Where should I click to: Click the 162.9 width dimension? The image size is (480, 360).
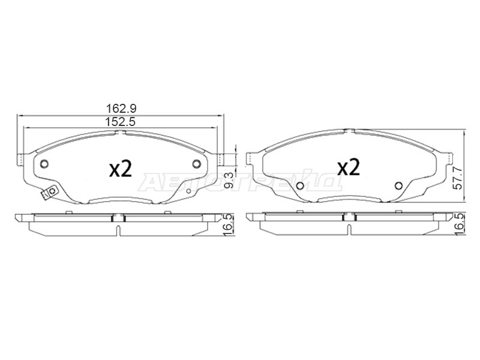(121, 109)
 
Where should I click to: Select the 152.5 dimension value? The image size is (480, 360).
(121, 122)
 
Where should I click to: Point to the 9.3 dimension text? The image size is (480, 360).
(229, 181)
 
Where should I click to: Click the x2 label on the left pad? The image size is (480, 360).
(121, 169)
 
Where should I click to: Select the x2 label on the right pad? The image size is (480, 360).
(349, 167)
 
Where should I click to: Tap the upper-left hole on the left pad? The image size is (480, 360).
(44, 164)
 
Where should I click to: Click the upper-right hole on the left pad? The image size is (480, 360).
(197, 164)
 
